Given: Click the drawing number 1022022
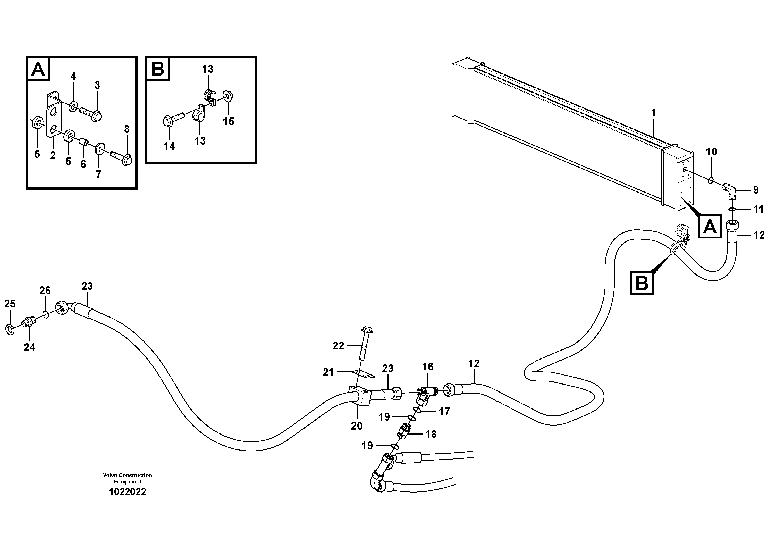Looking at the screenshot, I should pyautogui.click(x=127, y=492).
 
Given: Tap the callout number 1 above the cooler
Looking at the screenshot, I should pyautogui.click(x=653, y=113).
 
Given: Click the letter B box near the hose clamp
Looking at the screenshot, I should pyautogui.click(x=642, y=283).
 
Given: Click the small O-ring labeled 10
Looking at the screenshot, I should pyautogui.click(x=711, y=180).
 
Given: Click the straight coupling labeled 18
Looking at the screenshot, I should pyautogui.click(x=404, y=431).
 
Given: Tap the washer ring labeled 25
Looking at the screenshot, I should pyautogui.click(x=10, y=329).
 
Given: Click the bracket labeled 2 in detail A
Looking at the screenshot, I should pyautogui.click(x=53, y=120).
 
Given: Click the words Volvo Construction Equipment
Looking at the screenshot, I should pyautogui.click(x=127, y=478).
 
